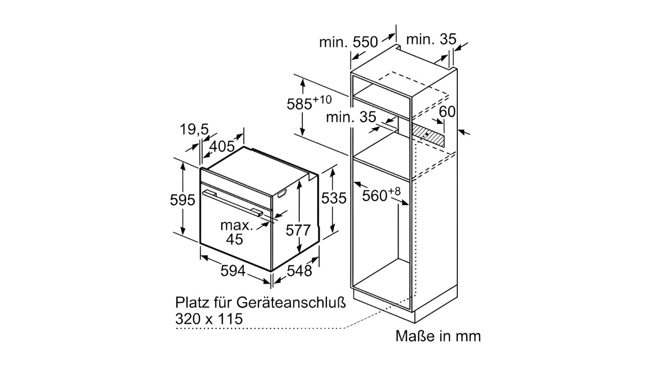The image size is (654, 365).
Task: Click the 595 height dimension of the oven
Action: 182,200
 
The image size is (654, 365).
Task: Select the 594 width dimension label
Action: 233,271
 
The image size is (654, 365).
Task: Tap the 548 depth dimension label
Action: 299,271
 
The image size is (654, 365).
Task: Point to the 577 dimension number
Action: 298,230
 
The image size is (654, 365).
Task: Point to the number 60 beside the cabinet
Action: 447,112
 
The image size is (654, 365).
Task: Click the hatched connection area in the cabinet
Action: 429,133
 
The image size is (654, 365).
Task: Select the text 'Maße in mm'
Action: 438,336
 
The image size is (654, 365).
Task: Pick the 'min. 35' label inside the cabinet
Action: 351,117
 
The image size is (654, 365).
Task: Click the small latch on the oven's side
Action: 283,193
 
